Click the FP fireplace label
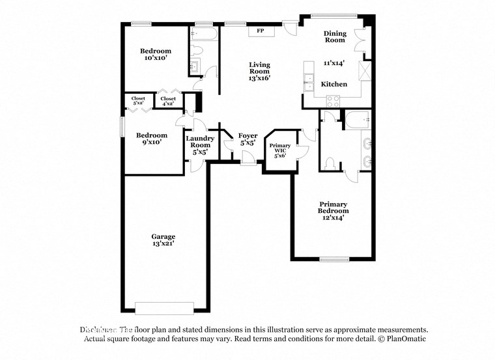(260, 31)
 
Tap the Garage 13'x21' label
(163, 240)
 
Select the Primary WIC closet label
(280, 150)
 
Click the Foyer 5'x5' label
(247, 139)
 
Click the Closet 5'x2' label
(138, 101)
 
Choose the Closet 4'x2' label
(168, 101)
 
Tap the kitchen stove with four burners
(332, 101)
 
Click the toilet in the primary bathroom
(330, 162)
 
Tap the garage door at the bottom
(164, 307)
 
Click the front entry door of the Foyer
(248, 159)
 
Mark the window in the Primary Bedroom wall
(338, 260)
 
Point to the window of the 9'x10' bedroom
(122, 127)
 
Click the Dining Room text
(335, 36)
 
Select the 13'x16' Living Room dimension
(259, 77)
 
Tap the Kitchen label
(334, 85)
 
